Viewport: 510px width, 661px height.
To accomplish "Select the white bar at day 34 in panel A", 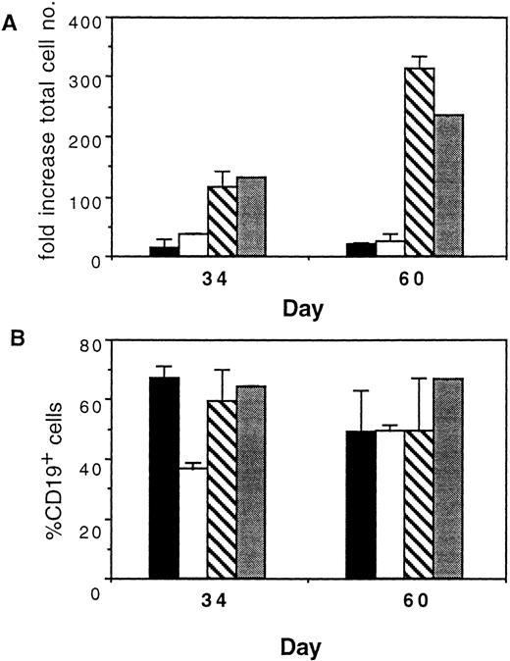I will coord(193,245).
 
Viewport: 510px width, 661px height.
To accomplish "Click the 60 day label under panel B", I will coord(413,601).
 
